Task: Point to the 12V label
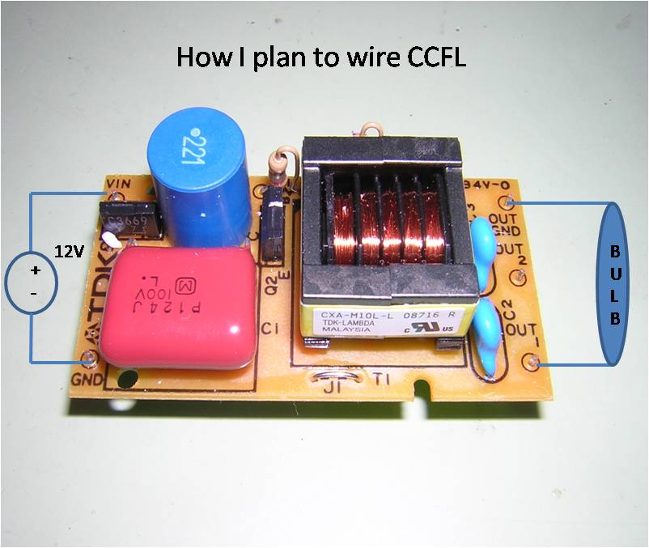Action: (x=70, y=251)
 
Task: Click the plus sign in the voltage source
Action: (x=35, y=270)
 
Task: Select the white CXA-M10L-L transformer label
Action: (x=380, y=321)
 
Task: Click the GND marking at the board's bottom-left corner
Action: (x=87, y=377)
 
